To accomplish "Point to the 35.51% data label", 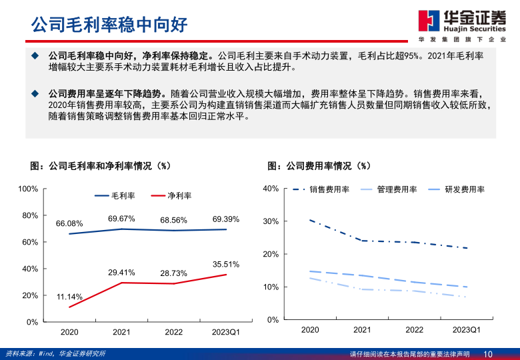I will click(x=226, y=264).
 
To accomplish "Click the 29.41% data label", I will click(x=121, y=272).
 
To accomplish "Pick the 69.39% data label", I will click(x=226, y=219).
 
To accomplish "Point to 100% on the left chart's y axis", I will click(x=28, y=189).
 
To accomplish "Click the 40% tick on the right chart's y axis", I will click(x=271, y=189).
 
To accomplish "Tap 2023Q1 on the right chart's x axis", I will click(x=466, y=330).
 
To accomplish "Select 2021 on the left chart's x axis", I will click(x=121, y=331).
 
